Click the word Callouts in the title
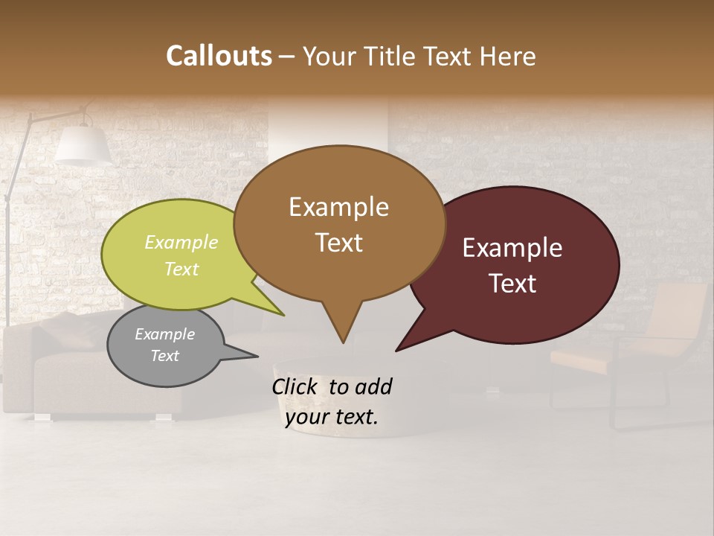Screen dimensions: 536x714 pyautogui.click(x=219, y=57)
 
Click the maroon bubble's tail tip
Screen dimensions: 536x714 pyautogui.click(x=397, y=350)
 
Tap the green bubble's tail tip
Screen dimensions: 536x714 pyautogui.click(x=283, y=315)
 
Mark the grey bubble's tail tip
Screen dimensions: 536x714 pyautogui.click(x=257, y=356)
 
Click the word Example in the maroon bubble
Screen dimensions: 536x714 pyautogui.click(x=512, y=248)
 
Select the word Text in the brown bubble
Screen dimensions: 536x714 pyautogui.click(x=339, y=243)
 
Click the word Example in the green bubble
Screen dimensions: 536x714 pyautogui.click(x=181, y=243)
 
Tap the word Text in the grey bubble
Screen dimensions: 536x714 pyautogui.click(x=165, y=356)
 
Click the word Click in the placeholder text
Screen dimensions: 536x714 pyautogui.click(x=295, y=386)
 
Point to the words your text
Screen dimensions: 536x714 pyautogui.click(x=332, y=417)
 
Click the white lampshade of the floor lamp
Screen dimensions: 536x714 pyautogui.click(x=83, y=145)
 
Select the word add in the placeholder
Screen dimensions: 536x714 pyautogui.click(x=374, y=386)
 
